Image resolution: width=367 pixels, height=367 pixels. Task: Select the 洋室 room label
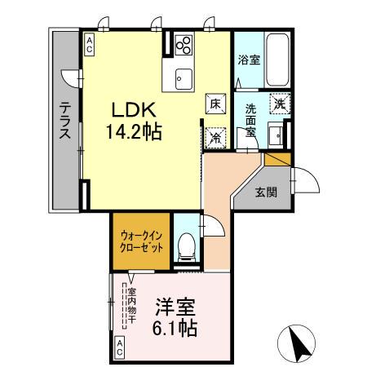pos(175,306)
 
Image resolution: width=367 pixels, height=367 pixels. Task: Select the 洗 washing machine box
pos(280,104)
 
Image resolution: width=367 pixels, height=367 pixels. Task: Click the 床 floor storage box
pos(215,104)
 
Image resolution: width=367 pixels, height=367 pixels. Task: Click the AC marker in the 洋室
pos(119,349)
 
